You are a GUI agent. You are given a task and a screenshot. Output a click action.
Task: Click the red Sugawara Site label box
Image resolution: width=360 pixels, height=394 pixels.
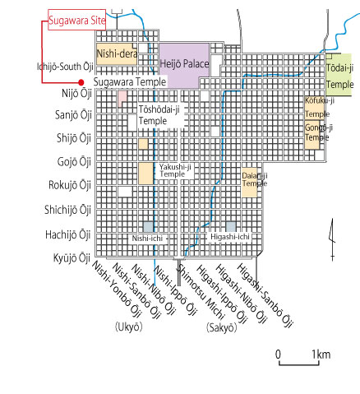point(77,20)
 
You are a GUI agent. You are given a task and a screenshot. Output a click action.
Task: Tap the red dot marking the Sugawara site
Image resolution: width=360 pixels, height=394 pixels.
point(81,82)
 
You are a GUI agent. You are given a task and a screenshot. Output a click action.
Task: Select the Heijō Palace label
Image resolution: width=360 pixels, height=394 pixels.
point(184,64)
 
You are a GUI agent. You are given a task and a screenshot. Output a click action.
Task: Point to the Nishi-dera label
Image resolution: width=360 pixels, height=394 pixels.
point(117,53)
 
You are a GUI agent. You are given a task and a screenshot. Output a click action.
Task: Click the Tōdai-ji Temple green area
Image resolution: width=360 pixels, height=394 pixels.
point(339,75)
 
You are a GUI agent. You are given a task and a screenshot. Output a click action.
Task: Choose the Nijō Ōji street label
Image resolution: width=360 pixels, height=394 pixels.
point(76,94)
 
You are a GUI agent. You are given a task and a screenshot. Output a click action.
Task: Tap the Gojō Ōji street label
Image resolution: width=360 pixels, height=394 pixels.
point(74,161)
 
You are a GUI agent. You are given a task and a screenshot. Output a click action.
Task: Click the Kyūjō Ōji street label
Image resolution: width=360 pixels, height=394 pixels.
point(72,258)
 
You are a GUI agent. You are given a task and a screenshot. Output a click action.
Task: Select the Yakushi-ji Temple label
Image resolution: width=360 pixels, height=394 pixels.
point(175,170)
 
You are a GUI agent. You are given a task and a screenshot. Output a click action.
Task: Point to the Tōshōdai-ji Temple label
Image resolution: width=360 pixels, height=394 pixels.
point(159,115)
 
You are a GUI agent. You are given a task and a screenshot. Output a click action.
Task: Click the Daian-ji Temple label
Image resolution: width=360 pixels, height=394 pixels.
point(255,179)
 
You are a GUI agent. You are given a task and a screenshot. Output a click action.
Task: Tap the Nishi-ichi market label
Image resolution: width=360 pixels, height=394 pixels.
point(147,239)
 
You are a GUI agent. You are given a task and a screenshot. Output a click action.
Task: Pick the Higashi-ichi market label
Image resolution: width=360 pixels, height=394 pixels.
point(230,237)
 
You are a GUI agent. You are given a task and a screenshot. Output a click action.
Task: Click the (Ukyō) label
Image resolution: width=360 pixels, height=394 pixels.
point(129,327)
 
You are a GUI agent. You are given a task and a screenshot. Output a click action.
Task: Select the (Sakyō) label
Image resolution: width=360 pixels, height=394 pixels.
point(221,327)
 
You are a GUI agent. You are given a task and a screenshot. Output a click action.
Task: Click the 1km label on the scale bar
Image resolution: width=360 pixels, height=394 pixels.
point(321,355)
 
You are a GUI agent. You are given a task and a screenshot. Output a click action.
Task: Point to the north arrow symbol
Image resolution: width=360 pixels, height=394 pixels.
point(332,239)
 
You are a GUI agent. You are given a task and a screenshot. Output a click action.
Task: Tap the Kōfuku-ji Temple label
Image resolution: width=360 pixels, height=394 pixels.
point(320,107)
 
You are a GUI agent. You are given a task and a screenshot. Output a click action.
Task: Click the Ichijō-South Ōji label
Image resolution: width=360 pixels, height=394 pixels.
point(65,67)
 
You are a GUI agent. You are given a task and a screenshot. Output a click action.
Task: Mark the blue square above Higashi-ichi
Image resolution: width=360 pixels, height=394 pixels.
point(231,227)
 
